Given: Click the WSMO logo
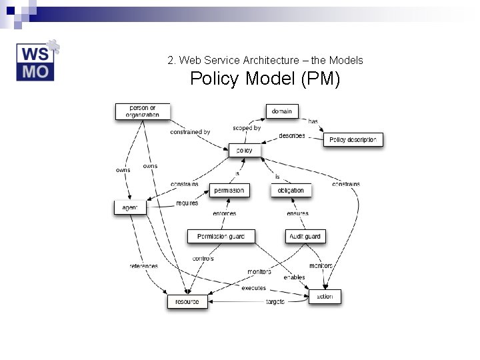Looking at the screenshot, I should tap(37, 61).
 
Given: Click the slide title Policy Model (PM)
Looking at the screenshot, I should tap(265, 79).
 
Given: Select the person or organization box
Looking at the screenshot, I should tap(143, 111).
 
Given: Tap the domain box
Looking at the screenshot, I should tap(282, 111).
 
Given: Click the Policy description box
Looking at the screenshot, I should tap(353, 140).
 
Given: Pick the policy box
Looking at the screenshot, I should tap(245, 151).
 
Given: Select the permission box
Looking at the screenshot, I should tap(229, 190).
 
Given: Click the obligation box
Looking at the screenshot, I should tap(291, 190).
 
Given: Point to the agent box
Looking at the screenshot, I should tap(130, 208).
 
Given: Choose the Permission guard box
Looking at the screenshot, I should tap(221, 236).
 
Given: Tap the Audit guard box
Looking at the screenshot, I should tap(305, 236).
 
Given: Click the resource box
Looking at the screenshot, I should tap(187, 302).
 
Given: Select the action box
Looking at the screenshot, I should tap(325, 296).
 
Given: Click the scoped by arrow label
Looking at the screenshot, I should tap(247, 128).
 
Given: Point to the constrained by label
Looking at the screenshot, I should tap(190, 132).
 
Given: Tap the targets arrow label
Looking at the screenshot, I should tap(275, 302).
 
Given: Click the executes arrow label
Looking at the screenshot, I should tap(253, 288).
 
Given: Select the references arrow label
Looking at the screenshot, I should tap(143, 266).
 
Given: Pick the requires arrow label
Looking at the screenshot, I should tap(187, 203).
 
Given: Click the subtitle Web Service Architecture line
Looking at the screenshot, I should tap(265, 60).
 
